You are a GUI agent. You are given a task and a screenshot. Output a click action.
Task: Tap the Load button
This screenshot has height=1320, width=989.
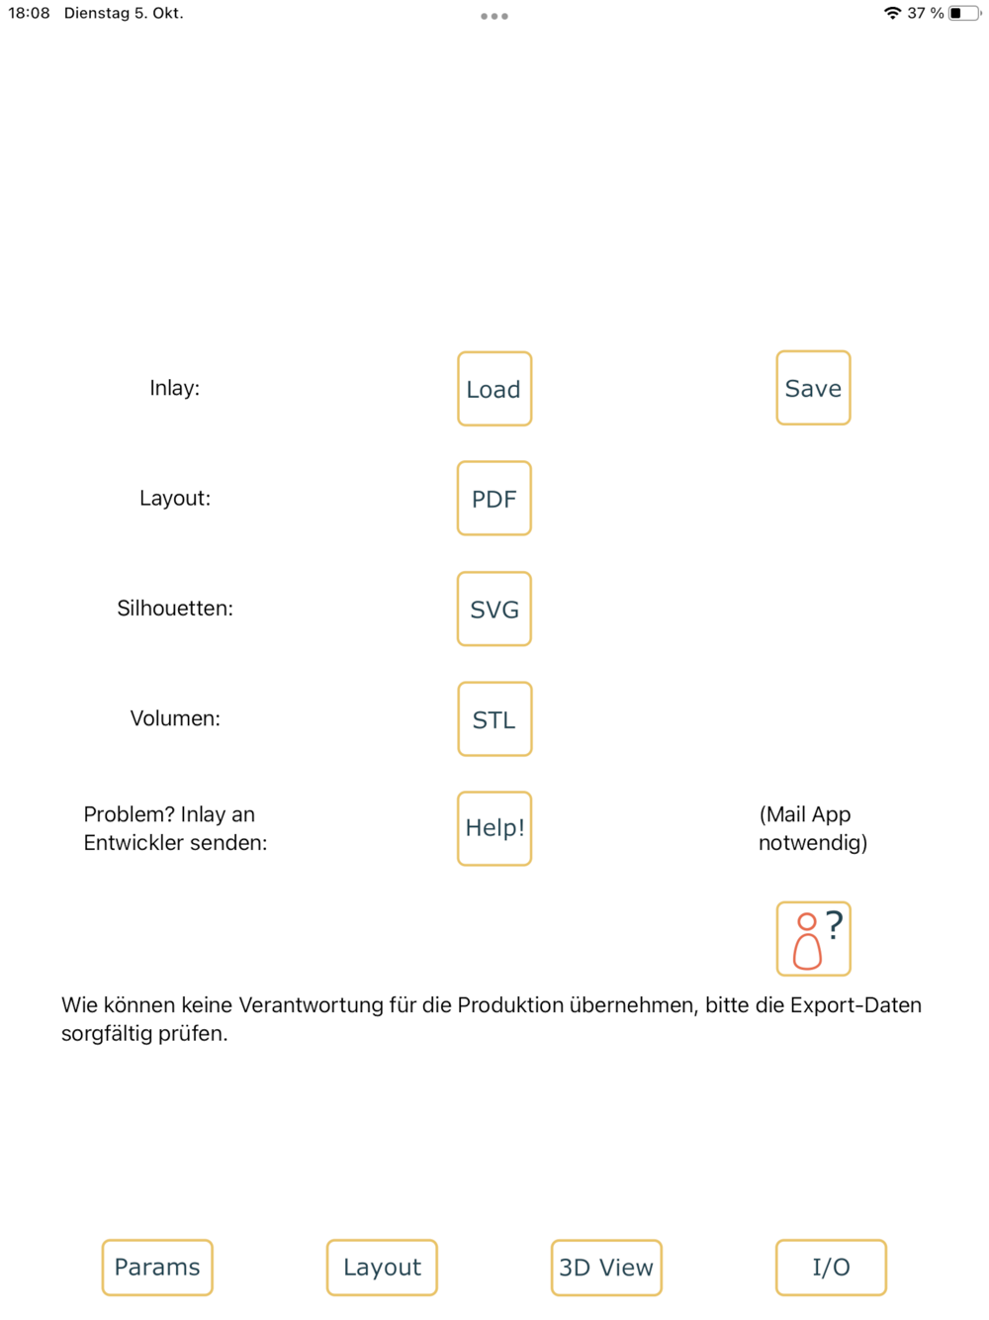[x=494, y=389]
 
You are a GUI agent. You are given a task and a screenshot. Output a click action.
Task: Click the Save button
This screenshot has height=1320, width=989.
[x=813, y=387]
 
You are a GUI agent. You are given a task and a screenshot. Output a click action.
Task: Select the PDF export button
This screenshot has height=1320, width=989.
[x=494, y=498]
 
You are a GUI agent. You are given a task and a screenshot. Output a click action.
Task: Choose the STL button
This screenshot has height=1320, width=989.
[x=494, y=718]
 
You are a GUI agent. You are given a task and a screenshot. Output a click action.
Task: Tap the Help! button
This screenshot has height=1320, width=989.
[x=494, y=828]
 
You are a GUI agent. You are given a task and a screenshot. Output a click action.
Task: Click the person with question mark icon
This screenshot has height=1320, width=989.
[x=813, y=938]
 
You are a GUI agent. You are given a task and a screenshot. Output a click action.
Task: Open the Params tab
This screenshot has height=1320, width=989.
[x=157, y=1268]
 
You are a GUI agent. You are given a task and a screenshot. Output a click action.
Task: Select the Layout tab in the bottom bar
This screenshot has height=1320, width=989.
[x=382, y=1268]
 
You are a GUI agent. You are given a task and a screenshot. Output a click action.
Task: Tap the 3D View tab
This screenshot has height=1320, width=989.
[x=606, y=1268]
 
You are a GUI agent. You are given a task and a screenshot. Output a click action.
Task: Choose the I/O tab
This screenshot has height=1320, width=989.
[x=831, y=1268]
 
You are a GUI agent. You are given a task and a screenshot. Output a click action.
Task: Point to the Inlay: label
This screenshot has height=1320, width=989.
[x=175, y=388]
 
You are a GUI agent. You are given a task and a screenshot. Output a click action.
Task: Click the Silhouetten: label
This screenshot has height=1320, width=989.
[x=175, y=608]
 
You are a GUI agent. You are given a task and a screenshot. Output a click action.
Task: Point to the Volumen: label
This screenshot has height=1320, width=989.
[x=175, y=718]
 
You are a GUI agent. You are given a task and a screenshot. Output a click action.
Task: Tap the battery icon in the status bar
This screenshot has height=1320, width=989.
[x=964, y=13]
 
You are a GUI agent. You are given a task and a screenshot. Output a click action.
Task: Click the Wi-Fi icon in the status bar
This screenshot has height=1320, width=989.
[x=893, y=13]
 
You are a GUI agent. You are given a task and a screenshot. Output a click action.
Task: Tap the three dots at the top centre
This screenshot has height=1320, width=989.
[x=494, y=16]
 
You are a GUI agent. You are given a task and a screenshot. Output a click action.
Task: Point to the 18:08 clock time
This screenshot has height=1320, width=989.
[x=29, y=13]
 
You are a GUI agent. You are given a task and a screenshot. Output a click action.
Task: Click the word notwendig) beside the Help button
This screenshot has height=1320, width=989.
[x=813, y=843]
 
